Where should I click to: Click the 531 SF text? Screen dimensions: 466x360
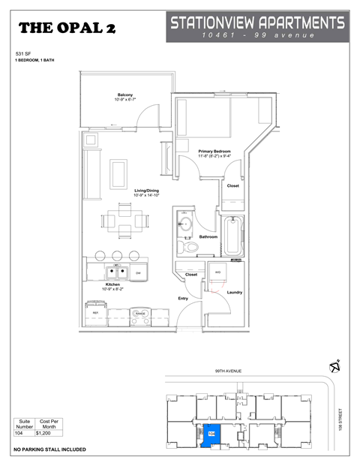[x=23, y=55]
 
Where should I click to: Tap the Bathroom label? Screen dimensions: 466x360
[x=208, y=237]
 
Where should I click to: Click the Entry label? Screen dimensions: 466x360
[x=183, y=299]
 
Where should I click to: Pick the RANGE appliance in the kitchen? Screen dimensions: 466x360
[x=139, y=314]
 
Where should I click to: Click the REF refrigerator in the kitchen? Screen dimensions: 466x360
[x=95, y=314]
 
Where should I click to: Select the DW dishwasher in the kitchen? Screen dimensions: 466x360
[x=138, y=272]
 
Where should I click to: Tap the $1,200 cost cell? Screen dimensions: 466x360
[x=46, y=434]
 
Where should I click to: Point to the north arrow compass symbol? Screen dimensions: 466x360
[x=335, y=365]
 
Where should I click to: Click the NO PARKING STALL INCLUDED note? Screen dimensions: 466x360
[x=49, y=449]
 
